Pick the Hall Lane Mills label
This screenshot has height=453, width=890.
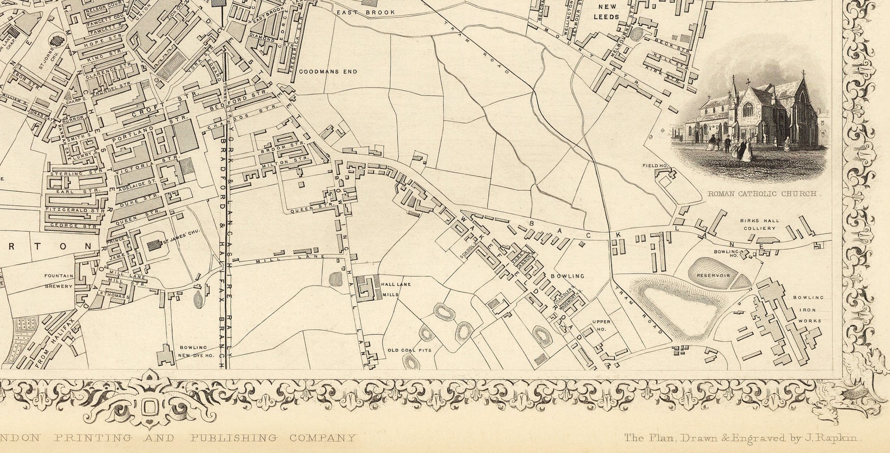[x=396, y=289]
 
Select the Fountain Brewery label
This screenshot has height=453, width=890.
[x=60, y=281]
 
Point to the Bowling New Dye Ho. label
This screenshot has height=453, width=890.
[x=193, y=351]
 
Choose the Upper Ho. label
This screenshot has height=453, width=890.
[x=600, y=326]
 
